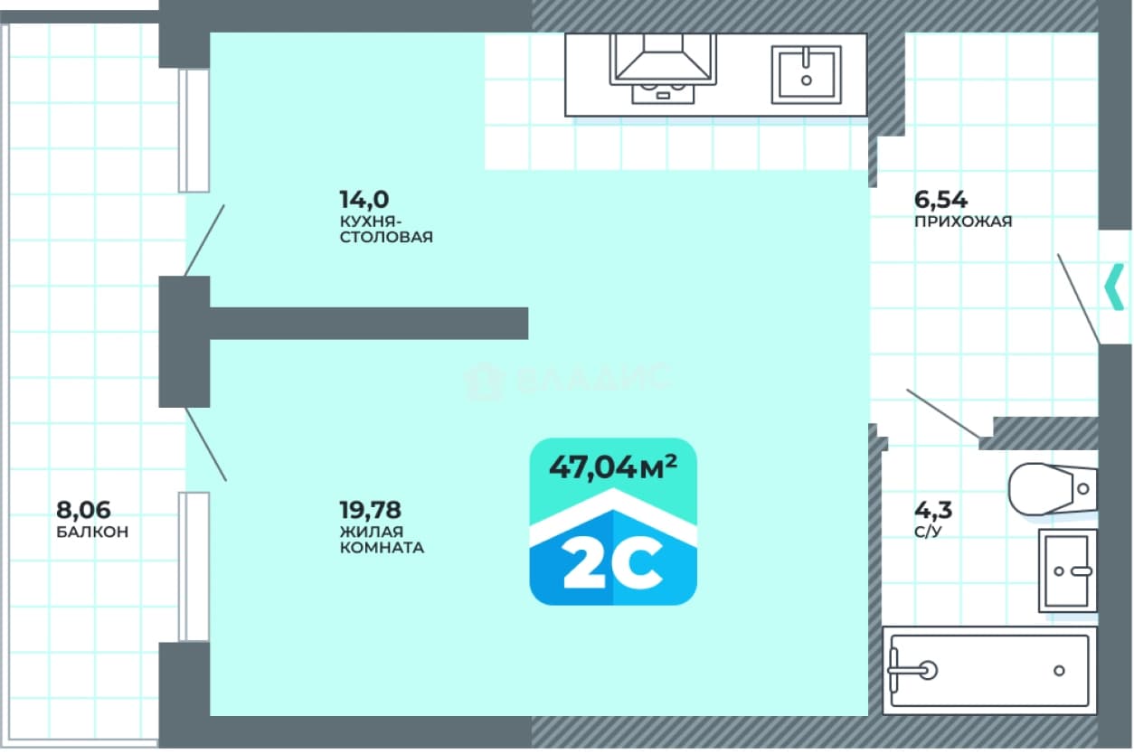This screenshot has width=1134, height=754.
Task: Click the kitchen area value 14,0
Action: [x=364, y=200]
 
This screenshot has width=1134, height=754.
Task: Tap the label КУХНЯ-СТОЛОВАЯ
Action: [x=386, y=230]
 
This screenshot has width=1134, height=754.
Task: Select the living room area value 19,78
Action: [x=370, y=510]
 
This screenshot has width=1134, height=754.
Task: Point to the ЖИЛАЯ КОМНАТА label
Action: [x=382, y=540]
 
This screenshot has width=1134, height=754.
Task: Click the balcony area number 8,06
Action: [x=83, y=510]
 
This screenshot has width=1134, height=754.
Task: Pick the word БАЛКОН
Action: [x=92, y=532]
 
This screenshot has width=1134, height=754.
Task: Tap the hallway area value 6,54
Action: [x=940, y=200]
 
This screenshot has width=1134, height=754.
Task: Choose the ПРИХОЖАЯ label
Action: [x=963, y=221]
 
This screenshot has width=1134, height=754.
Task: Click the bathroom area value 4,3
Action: [x=933, y=510]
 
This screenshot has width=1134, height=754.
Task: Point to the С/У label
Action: [x=928, y=532]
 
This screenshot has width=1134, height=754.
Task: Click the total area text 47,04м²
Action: [x=613, y=467]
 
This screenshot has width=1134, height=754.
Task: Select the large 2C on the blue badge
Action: [x=613, y=563]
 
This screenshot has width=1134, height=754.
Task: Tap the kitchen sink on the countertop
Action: [x=807, y=75]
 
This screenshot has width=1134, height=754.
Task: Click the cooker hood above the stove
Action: [x=663, y=59]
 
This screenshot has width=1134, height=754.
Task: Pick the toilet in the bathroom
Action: [x=1052, y=489]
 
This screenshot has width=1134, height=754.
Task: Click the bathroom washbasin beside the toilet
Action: [x=1068, y=570]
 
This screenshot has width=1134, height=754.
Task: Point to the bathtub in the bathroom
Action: [x=989, y=671]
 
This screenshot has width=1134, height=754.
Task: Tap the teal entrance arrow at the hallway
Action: [x=1114, y=287]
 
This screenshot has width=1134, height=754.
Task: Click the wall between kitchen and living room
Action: [x=369, y=323]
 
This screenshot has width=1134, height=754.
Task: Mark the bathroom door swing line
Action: [x=943, y=413]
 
